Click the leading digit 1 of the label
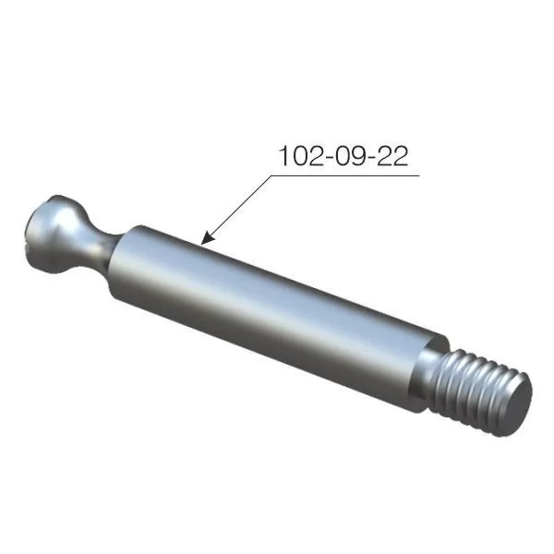point(283,156)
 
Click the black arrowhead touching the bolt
point(209,238)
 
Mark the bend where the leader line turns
point(276,174)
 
